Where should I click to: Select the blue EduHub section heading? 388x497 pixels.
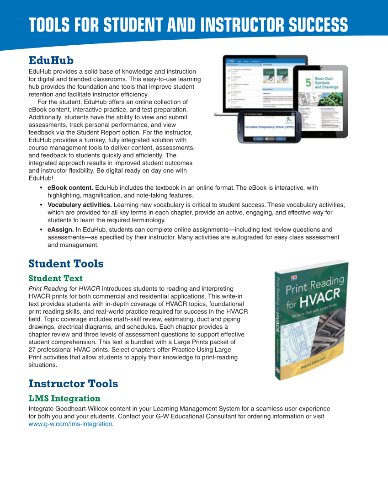51,60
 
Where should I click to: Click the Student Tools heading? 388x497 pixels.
66,264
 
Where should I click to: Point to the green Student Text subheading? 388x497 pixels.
55,278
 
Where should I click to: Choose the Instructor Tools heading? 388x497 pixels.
73,384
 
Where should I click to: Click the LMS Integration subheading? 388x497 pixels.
64,398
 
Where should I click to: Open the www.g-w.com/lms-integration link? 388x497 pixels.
70,424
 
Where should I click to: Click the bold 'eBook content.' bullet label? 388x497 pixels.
70,188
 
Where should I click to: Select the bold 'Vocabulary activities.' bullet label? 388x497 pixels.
80,205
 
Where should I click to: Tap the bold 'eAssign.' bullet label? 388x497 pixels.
60,230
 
